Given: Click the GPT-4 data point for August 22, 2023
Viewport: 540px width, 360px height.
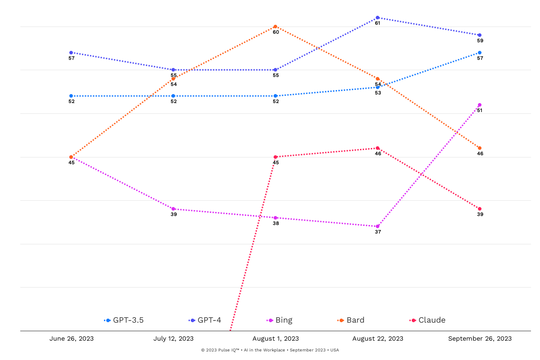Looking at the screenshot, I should point(378,18).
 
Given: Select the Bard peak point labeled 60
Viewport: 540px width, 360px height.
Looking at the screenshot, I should point(275,27).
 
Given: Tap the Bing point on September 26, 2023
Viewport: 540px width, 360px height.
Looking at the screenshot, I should point(480,105).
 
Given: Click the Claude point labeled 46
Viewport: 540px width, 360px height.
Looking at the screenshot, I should point(378,148).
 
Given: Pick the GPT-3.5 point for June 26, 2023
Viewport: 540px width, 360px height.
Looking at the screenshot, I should point(71,96).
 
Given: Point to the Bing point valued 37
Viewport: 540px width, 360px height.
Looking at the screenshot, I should point(378,226).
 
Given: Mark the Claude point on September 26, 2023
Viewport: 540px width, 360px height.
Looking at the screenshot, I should point(480,209).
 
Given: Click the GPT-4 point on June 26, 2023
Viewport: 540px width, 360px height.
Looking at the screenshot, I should point(71,53).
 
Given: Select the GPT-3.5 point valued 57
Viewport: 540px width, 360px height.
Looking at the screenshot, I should point(480,53).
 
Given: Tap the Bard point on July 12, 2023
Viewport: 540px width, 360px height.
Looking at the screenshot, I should point(173,79).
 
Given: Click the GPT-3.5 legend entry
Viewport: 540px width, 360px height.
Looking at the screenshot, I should point(124,320).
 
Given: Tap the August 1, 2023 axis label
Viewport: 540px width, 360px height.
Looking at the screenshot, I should point(275,339).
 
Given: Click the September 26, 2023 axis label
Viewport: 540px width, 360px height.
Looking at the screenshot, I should point(480,339).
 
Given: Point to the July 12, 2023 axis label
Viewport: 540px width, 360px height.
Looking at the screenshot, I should point(173,339).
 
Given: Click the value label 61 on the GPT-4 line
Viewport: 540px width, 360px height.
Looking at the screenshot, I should point(378,23).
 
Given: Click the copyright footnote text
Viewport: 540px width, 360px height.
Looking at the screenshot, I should point(270,350).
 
